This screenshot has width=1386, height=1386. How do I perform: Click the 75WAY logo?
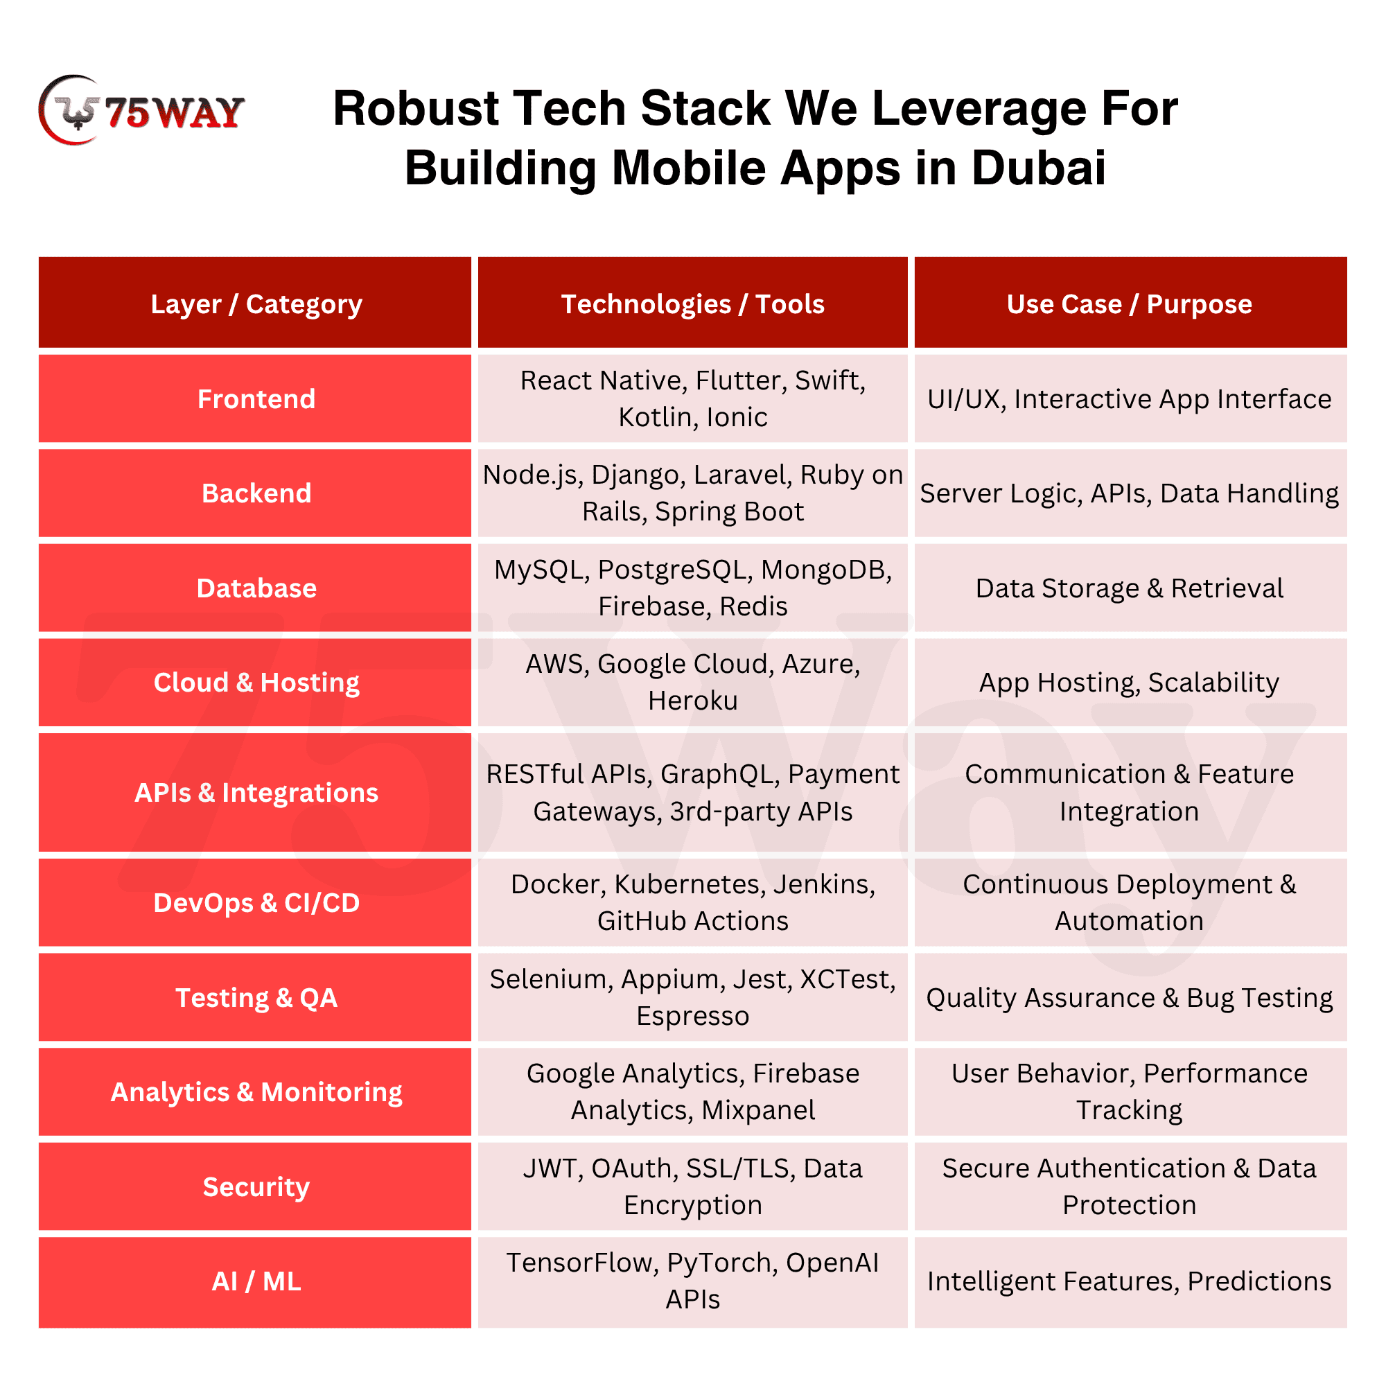pos(141,110)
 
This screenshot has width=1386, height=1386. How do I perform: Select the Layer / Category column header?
pos(256,304)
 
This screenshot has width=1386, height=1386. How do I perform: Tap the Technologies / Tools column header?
pos(692,304)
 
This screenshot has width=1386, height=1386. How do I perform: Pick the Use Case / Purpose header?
pos(1129,304)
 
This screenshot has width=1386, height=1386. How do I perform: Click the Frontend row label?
pos(256,399)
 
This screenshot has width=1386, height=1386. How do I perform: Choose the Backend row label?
pos(256,493)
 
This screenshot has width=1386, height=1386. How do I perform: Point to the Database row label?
pos(256,588)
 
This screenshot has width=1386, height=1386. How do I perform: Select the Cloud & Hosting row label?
pos(256,682)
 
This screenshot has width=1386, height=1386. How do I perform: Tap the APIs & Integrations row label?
pos(256,793)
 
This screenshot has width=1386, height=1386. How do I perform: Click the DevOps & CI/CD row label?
pos(256,902)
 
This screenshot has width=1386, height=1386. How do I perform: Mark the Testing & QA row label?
pos(256,998)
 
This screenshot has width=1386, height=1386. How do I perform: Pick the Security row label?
pos(256,1186)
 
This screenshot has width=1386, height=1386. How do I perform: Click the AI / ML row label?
pos(256,1281)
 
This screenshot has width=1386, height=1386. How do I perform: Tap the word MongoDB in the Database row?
pos(825,570)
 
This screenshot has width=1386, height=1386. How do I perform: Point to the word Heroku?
pos(692,701)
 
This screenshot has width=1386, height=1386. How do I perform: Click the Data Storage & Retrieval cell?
pos(1129,588)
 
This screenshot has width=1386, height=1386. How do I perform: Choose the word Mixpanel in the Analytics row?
pos(758,1110)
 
